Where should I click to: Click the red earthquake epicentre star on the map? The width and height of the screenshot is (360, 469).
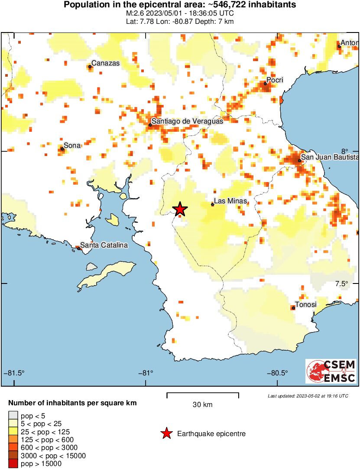coord(180,209)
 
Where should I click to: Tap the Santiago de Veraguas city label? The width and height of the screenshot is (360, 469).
coord(188,121)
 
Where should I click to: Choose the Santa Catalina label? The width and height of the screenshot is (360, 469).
coord(104,245)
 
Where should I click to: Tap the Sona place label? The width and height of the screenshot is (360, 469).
coord(72,145)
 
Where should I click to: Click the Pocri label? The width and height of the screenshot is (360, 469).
coord(275,80)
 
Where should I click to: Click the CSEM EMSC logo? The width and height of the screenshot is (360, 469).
coord(331,371)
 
